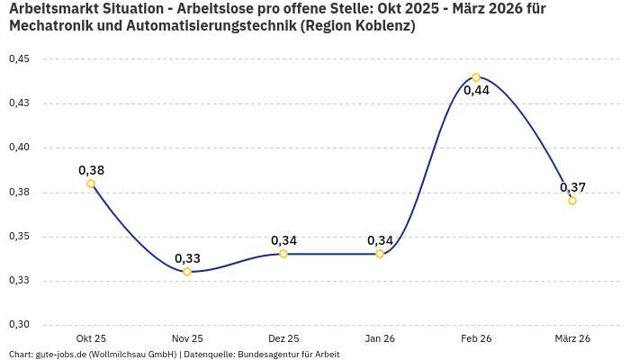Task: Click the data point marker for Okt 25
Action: (91, 184)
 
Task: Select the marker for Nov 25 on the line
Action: (187, 272)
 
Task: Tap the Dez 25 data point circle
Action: (283, 254)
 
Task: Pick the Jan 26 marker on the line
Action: (380, 254)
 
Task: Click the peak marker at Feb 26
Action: (476, 77)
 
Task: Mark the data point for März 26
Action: (572, 201)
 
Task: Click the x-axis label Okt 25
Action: (91, 338)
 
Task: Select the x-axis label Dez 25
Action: (283, 338)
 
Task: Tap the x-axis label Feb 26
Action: (476, 338)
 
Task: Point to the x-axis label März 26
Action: (572, 338)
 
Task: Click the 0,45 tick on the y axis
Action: (19, 59)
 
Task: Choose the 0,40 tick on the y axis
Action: (19, 148)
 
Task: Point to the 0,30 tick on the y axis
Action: (19, 325)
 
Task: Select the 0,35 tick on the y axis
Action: (19, 237)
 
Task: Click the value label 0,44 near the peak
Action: (476, 90)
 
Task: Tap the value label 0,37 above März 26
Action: (572, 187)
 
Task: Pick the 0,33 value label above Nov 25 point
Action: (187, 258)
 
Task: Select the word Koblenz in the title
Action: (382, 26)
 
